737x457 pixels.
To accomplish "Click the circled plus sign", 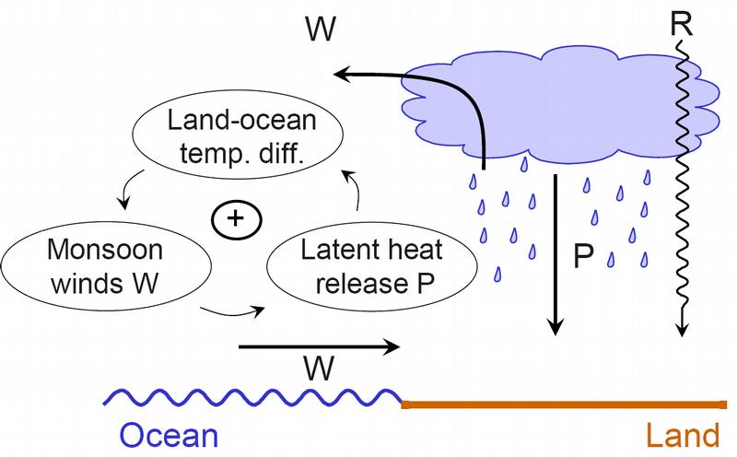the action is click(x=236, y=219).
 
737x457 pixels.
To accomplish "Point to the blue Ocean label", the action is click(x=170, y=436).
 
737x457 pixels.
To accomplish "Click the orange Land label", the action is click(x=683, y=436).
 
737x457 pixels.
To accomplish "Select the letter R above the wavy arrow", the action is click(x=682, y=25).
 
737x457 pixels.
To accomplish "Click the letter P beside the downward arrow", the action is click(x=584, y=256).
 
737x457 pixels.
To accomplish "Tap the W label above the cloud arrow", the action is click(x=321, y=29).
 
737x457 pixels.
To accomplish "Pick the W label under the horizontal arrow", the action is click(x=319, y=368).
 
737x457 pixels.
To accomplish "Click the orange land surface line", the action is click(x=564, y=404).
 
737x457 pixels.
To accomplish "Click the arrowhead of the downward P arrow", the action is click(x=556, y=327).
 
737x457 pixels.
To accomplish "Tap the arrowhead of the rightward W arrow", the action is click(x=392, y=347).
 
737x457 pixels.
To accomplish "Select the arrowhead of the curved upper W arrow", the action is click(x=341, y=74).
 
